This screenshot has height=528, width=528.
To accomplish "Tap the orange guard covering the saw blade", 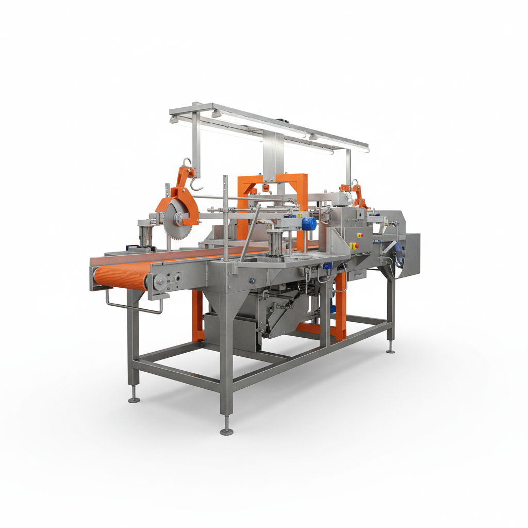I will click(x=186, y=204).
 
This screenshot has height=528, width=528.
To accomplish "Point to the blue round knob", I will click(x=308, y=224).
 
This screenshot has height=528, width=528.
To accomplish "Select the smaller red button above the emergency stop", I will click(x=360, y=235).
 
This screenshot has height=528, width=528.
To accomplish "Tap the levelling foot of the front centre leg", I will click(x=226, y=431).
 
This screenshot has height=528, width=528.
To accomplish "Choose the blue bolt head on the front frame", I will click(x=253, y=280).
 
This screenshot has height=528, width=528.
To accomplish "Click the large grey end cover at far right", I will click(x=411, y=255).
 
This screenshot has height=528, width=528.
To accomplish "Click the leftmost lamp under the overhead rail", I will click(x=175, y=120).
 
